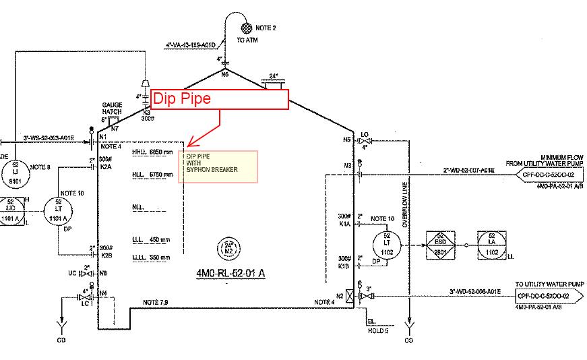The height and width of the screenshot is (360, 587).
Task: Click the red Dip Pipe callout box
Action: click(220, 99)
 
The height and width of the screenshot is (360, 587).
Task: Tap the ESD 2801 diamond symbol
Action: click(439, 244)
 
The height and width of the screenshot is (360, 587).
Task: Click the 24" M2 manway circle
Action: click(228, 247)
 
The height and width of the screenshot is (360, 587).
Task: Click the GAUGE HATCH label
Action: click(111, 109)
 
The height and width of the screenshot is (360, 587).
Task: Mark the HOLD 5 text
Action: click(378, 330)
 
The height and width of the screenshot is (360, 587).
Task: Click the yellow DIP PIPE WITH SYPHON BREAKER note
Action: click(217, 167)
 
